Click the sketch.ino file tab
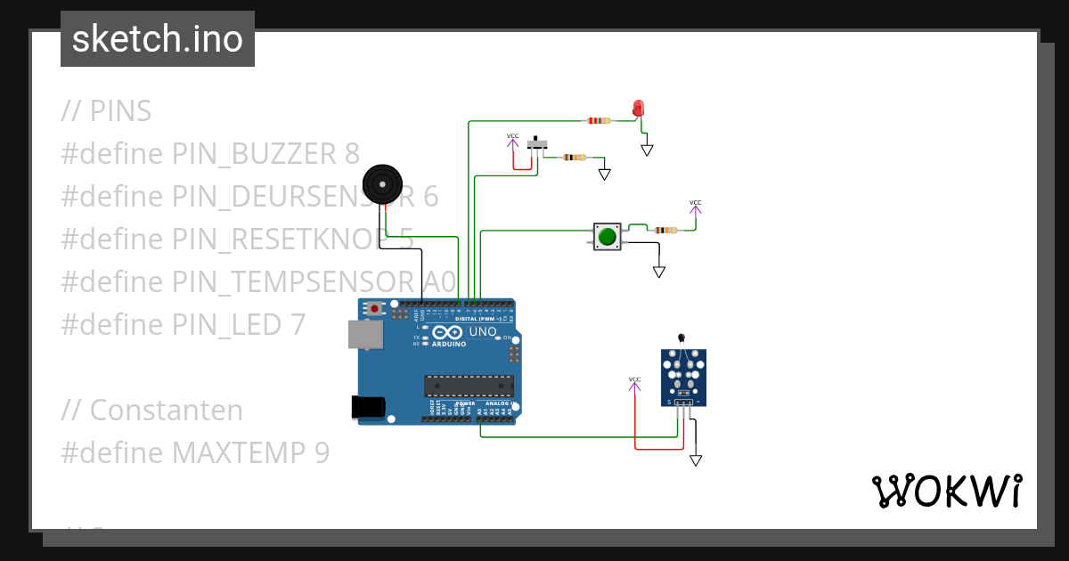pos(158,39)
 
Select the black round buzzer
pos(382,185)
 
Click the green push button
pos(608,237)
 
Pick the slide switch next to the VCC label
pos(537,144)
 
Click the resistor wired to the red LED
pos(599,120)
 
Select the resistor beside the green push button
pos(665,230)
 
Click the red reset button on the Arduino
pos(375,309)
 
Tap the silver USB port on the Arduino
pos(366,335)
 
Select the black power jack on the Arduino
pos(368,407)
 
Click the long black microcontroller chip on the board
pos(469,386)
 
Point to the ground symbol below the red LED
pos(647,150)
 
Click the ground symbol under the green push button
pos(659,271)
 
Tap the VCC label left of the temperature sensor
pos(634,381)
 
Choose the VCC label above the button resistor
pos(695,204)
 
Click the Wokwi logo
pos(946,491)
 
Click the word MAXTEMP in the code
pos(239,453)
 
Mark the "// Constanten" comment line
pos(152,411)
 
